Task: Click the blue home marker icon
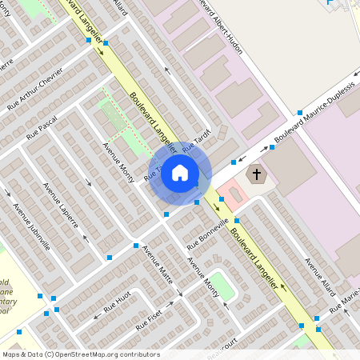pyautogui.click(x=180, y=173)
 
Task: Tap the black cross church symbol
pyautogui.click(x=257, y=173)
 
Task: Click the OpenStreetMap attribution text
pyautogui.click(x=81, y=354)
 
